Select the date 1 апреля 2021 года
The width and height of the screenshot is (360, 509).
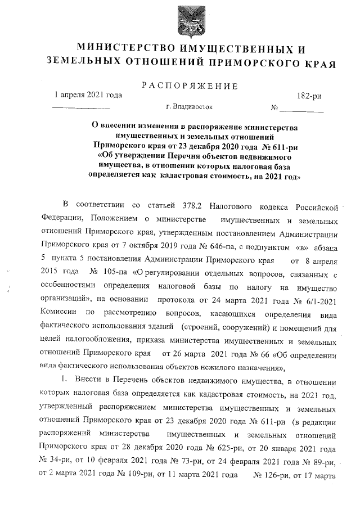(x=87, y=95)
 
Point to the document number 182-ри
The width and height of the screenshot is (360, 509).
(x=309, y=96)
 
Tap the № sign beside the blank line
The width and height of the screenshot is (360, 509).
(x=275, y=107)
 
